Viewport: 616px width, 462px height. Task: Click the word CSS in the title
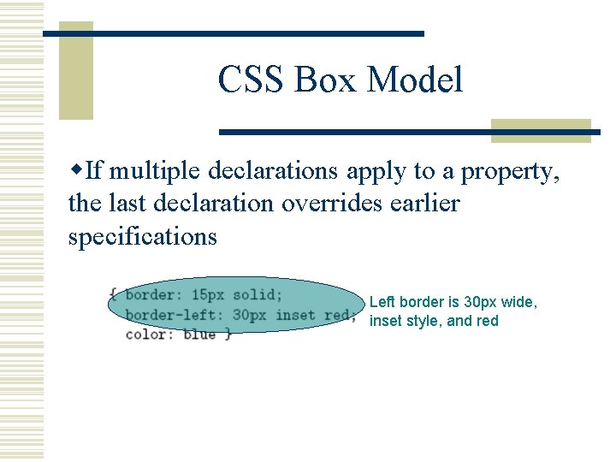252,80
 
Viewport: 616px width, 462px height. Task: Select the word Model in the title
416,80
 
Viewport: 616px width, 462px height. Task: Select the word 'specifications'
143,236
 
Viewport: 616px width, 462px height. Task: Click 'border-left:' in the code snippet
174,315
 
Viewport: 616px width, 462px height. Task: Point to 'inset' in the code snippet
295,315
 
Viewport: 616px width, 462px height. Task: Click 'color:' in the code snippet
150,335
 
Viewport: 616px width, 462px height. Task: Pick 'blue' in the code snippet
198,335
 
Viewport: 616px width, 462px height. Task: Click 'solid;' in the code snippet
257,295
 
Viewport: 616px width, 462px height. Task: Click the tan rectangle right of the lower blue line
541,130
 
